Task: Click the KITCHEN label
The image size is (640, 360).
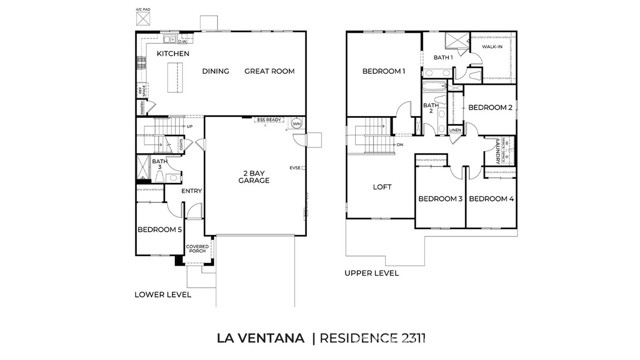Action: [173, 52]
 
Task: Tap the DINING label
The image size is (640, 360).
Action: [216, 71]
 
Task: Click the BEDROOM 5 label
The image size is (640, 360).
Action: [159, 230]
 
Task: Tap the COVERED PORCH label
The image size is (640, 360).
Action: [197, 248]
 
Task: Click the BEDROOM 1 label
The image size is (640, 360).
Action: [383, 71]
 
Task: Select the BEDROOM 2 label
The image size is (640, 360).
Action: [490, 107]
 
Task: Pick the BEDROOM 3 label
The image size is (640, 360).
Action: [440, 198]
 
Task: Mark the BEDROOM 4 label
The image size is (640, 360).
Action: [491, 198]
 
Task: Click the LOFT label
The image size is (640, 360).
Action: [382, 187]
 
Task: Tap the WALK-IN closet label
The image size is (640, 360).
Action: [492, 47]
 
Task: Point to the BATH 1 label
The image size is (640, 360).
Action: [443, 58]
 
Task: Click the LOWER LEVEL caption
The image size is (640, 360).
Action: [162, 294]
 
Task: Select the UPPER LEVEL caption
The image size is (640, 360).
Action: [371, 272]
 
